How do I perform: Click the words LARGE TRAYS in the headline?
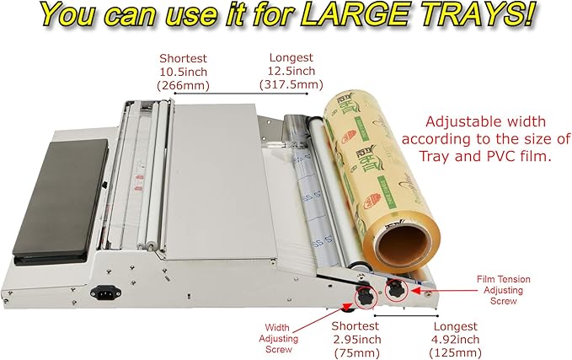tap(430, 15)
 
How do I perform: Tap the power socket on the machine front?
tap(110, 294)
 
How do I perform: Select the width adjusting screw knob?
tap(365, 298)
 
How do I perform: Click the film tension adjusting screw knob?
tap(395, 288)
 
